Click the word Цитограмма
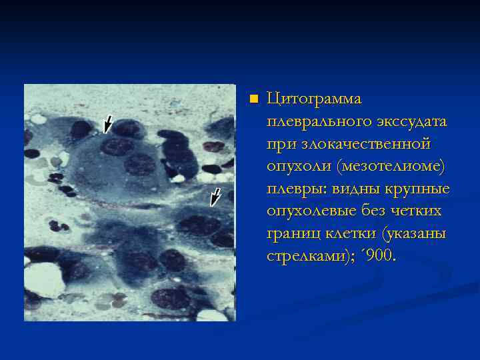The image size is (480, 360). point(314,99)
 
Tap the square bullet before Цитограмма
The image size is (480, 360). point(253,99)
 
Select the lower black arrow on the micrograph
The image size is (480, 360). point(214,197)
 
